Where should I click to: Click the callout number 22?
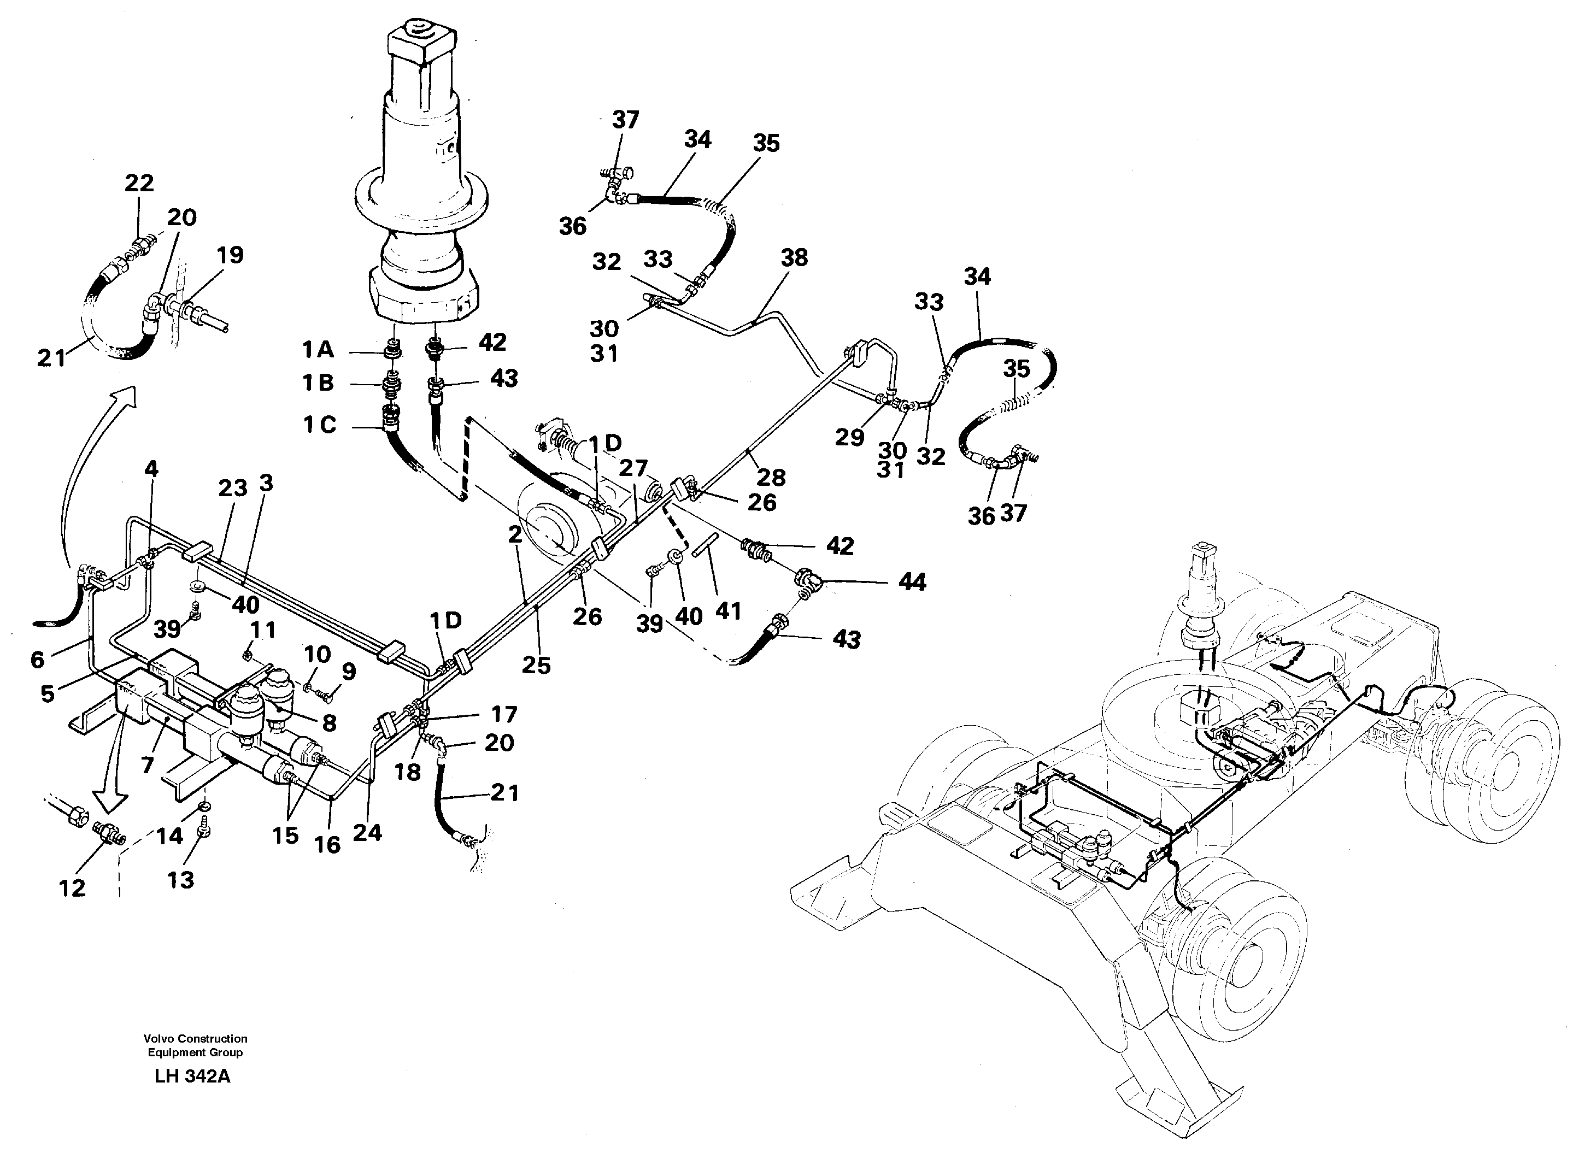[x=139, y=183]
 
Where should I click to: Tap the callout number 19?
[x=230, y=255]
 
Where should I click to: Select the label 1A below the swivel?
[x=318, y=349]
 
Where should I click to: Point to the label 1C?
[x=319, y=425]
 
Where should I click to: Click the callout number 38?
[x=794, y=258]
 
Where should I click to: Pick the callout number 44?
[x=912, y=581]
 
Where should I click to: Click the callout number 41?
[x=728, y=611]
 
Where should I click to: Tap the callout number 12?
[x=72, y=888]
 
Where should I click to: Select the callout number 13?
[x=180, y=880]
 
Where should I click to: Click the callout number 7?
[x=146, y=764]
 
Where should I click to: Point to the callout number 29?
[x=849, y=437]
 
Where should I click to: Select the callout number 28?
[x=771, y=478]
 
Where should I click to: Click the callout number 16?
[x=327, y=845]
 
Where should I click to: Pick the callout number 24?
[x=367, y=833]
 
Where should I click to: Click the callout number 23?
[x=232, y=489]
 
